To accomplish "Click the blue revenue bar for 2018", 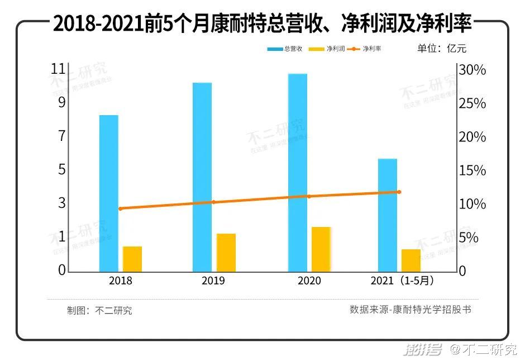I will tap(109, 193).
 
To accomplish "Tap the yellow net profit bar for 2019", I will tap(226, 252).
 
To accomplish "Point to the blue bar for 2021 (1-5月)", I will tap(388, 215).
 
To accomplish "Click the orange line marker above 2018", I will tap(121, 209).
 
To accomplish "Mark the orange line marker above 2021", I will tap(399, 192).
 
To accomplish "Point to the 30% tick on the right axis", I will tap(471, 70).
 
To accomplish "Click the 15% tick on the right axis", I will tap(471, 170).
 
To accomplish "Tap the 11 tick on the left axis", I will tap(58, 69).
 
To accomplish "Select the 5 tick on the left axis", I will tap(61, 170).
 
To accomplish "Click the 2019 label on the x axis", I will tap(213, 281).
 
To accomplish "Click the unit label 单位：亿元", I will tap(441, 48).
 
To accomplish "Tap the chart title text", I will tap(262, 23).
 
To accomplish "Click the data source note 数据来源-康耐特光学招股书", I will tap(411, 309).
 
